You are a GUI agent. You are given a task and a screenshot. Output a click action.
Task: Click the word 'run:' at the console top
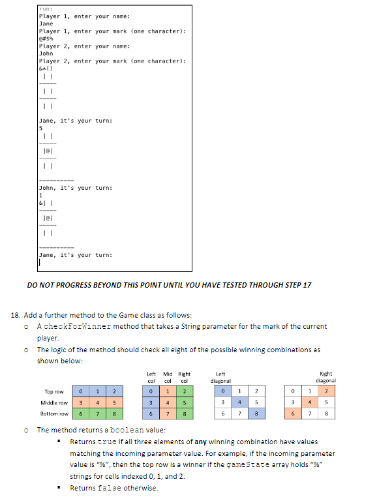pyautogui.click(x=46, y=9)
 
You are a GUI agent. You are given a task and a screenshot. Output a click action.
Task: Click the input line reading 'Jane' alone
pyautogui.click(x=46, y=23)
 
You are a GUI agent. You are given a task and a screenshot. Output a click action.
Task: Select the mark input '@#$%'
pyautogui.click(x=47, y=38)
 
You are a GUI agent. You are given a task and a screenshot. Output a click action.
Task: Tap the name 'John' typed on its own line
pyautogui.click(x=46, y=53)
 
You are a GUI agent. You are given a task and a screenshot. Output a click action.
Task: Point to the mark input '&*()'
pyautogui.click(x=47, y=68)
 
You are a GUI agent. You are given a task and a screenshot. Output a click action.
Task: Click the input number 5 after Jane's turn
pyautogui.click(x=41, y=128)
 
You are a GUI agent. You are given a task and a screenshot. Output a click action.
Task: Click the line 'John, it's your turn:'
pyautogui.click(x=76, y=188)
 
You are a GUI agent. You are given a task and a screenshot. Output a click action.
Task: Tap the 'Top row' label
pyautogui.click(x=54, y=391)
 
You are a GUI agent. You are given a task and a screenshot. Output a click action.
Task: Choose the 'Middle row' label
pyautogui.click(x=55, y=402)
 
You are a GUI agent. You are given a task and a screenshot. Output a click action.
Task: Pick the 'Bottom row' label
pyautogui.click(x=55, y=414)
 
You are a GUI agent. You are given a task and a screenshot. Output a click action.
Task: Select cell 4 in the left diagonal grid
pyautogui.click(x=240, y=402)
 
